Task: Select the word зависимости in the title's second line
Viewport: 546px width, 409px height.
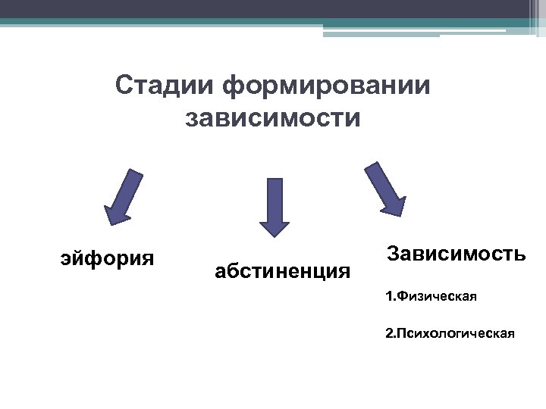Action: point(273,118)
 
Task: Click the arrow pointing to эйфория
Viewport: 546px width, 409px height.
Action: point(124,197)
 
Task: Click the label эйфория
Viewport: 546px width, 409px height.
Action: point(107,258)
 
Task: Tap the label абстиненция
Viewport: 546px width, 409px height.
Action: point(283,270)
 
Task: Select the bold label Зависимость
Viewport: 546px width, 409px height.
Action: point(455,252)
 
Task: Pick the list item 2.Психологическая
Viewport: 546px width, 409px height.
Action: point(450,332)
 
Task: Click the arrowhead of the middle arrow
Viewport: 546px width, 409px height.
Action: point(275,227)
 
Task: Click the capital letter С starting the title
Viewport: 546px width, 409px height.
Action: point(124,86)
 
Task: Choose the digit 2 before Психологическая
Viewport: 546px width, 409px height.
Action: point(389,332)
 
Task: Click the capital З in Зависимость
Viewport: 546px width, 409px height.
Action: point(394,252)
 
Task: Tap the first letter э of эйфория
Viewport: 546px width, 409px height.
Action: point(65,259)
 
